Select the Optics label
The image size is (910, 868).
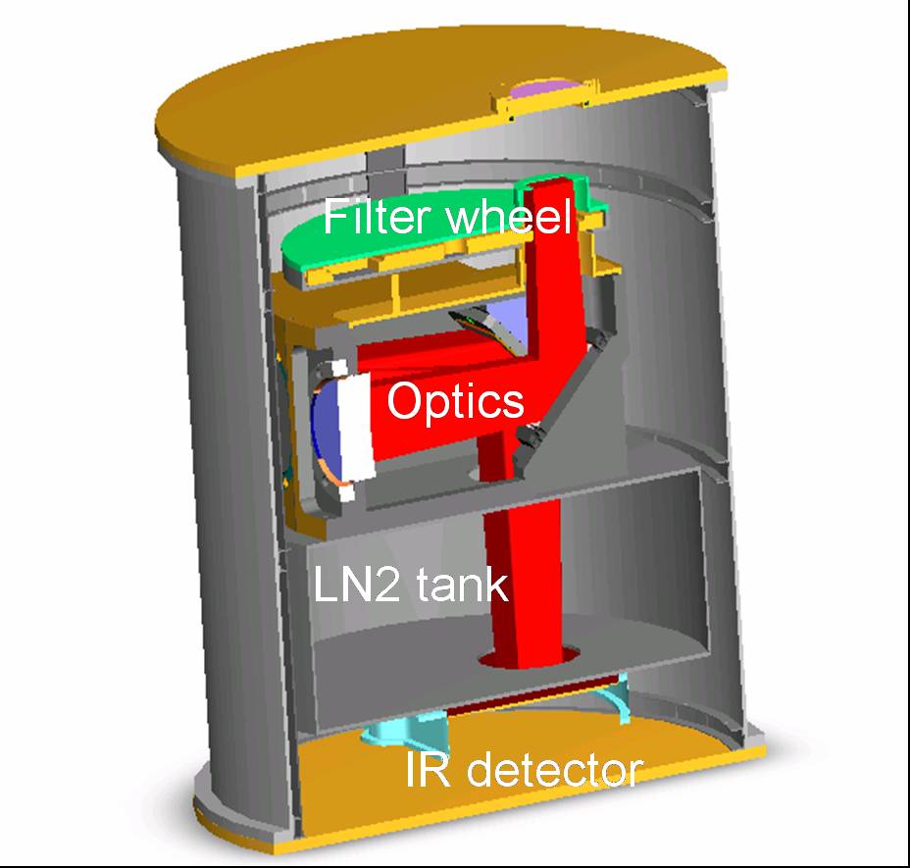[454, 400]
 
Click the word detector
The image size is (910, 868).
[554, 770]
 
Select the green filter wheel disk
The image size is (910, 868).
[305, 245]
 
